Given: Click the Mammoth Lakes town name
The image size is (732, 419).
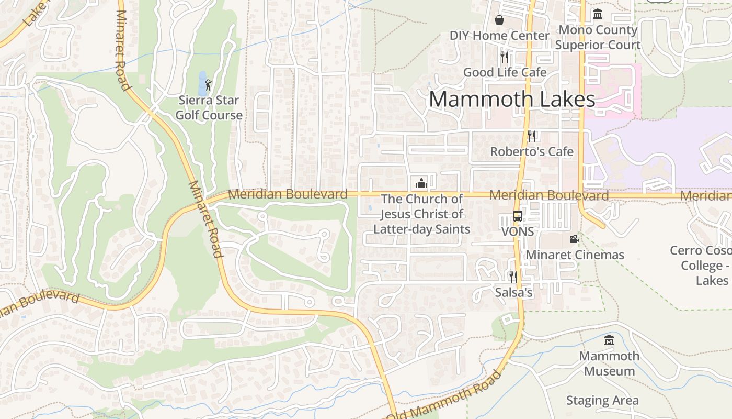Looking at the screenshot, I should point(512,100).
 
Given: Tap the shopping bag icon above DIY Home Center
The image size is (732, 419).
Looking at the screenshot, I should point(499,20).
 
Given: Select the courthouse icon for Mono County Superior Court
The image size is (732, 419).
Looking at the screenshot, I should point(598,14).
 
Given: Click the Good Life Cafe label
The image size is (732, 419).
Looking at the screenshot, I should point(505,72).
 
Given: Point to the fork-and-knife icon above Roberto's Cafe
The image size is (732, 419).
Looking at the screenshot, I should point(532,136).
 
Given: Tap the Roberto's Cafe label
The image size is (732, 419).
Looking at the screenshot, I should point(531,151).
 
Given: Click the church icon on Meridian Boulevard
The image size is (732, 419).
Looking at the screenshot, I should point(421,183).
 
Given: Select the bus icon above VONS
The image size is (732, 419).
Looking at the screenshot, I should point(517,216).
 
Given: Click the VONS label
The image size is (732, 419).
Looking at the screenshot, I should point(517,231).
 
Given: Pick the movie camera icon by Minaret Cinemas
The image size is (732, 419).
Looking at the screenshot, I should point(574,239).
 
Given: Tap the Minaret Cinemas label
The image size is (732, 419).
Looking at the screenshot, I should point(575,255).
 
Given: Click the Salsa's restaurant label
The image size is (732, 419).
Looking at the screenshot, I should point(513,292).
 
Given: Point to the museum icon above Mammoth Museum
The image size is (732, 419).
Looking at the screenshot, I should point(609,340).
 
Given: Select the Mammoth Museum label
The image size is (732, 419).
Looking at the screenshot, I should point(609,363).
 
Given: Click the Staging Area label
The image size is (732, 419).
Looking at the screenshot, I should point(602,401).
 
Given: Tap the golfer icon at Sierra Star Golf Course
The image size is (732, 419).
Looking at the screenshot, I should point(209,84).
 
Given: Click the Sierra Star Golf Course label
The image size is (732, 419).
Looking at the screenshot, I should point(209,107).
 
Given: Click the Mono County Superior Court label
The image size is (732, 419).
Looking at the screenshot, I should point(598,37).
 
